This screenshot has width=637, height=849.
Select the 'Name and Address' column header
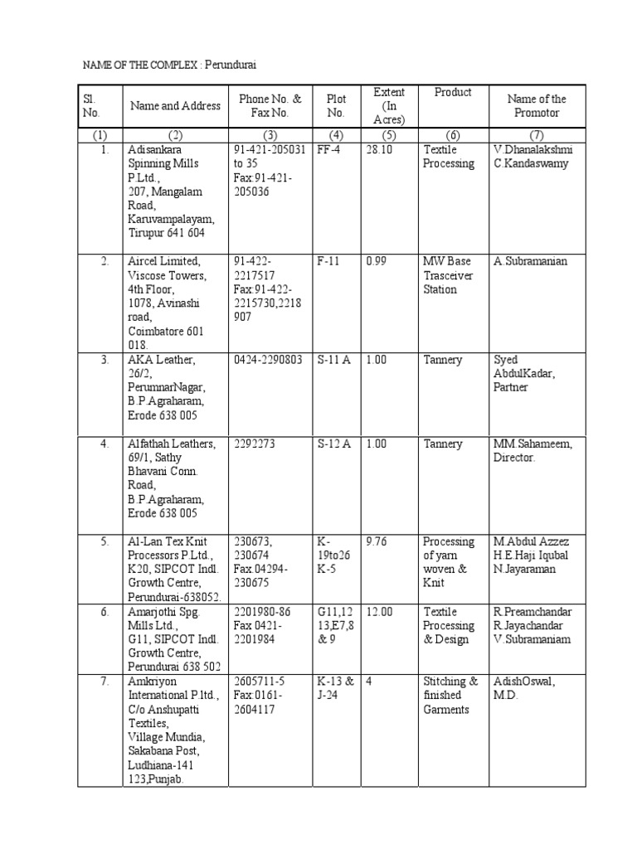point(175,105)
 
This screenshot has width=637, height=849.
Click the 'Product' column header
point(453,92)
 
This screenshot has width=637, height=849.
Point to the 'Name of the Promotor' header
point(537,105)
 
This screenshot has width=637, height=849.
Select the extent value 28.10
point(378,150)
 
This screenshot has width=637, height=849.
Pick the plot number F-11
point(329,262)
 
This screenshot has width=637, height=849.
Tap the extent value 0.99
point(377,262)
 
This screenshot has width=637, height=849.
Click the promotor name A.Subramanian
point(531,262)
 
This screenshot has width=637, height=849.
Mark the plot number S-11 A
point(334,361)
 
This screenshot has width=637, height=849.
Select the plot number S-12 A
point(334,444)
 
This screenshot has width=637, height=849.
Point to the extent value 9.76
point(377,542)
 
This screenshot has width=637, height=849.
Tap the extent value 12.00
point(379,612)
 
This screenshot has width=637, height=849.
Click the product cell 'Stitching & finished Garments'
point(450,696)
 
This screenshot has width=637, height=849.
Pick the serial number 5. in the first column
point(105,542)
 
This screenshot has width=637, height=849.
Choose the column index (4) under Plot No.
point(335,134)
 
